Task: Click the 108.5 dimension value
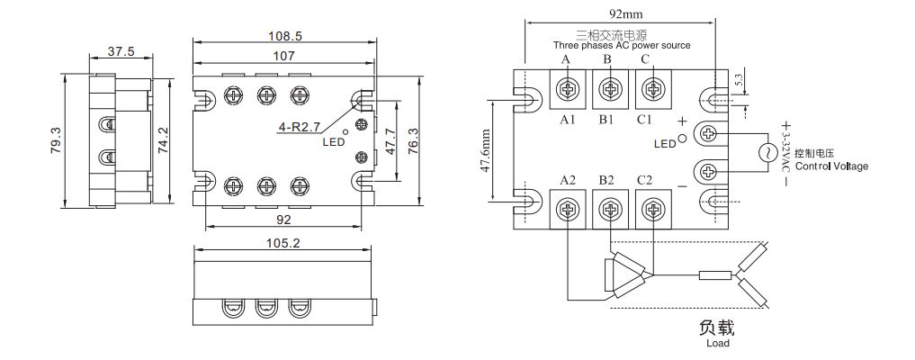283,37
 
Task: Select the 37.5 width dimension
121,52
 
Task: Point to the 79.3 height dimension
56,140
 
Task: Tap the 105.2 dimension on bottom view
283,242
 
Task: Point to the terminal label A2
567,180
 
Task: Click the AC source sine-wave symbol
769,153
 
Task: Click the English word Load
717,343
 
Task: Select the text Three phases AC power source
621,45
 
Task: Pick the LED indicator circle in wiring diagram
682,139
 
